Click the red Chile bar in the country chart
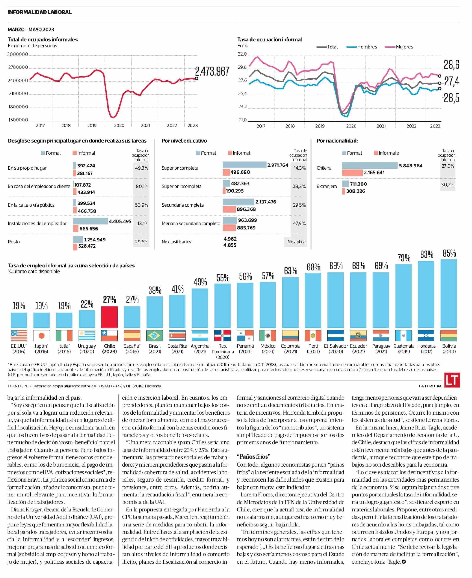point(109,317)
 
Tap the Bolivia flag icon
point(449,335)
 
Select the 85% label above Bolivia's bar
point(449,254)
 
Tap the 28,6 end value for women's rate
point(451,65)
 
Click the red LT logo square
point(452,380)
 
